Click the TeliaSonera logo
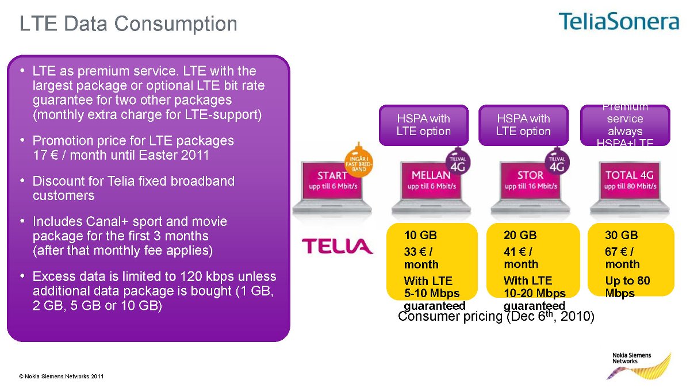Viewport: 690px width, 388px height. (x=618, y=22)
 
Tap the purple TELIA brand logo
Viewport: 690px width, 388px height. (x=338, y=247)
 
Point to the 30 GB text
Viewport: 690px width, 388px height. (x=621, y=235)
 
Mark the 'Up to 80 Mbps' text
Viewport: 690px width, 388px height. (x=627, y=287)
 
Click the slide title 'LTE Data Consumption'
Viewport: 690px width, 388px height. (x=128, y=24)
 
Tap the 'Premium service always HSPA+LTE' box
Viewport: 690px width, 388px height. (x=625, y=125)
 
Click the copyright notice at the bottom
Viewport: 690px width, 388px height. (x=61, y=377)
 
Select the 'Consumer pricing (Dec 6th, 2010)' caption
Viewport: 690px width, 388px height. (x=496, y=317)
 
